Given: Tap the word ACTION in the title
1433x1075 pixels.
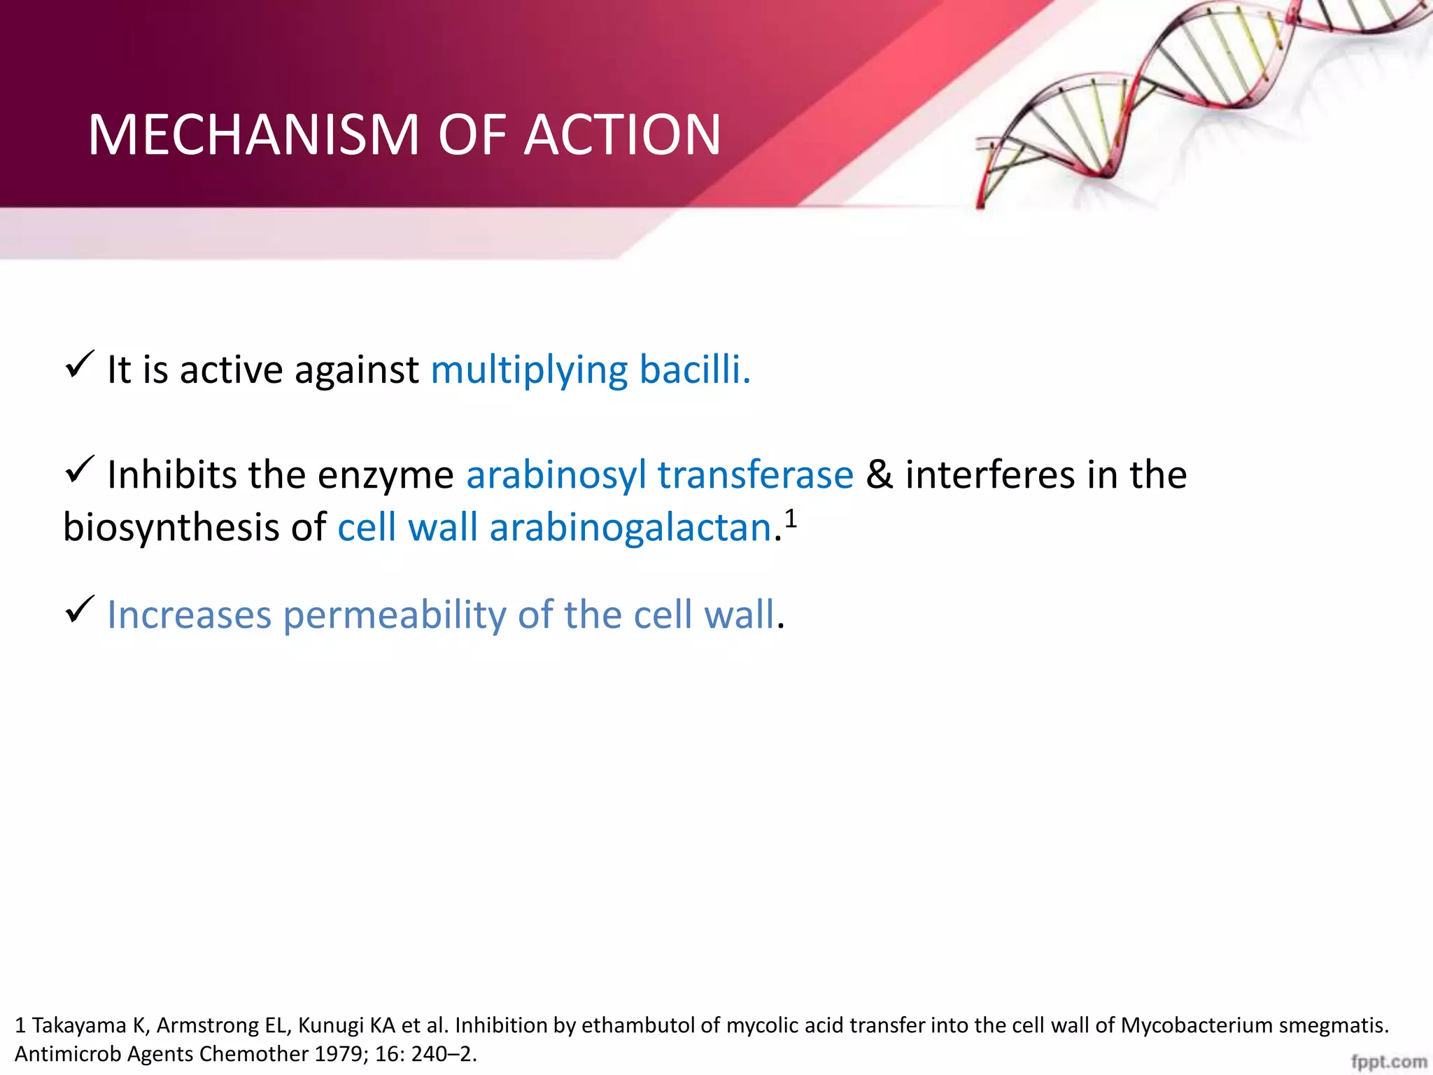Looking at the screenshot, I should click(x=622, y=134).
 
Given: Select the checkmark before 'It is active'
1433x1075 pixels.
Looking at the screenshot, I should click(x=79, y=365).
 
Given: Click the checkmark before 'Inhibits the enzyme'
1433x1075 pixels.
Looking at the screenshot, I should click(x=79, y=470).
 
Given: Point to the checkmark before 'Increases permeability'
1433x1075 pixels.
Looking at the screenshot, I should click(x=79, y=610).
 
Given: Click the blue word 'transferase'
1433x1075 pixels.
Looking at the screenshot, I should click(x=756, y=475).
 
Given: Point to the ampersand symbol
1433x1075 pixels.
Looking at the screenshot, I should click(x=880, y=475).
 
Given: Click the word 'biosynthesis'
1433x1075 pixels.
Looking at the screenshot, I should click(x=171, y=528).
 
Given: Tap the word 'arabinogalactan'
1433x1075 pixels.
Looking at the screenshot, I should click(x=630, y=528).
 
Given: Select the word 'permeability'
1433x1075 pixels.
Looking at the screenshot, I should click(x=395, y=616).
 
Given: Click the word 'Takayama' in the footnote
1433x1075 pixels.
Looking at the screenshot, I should click(x=79, y=1025).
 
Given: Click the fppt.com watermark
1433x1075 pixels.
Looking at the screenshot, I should click(x=1389, y=1062).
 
